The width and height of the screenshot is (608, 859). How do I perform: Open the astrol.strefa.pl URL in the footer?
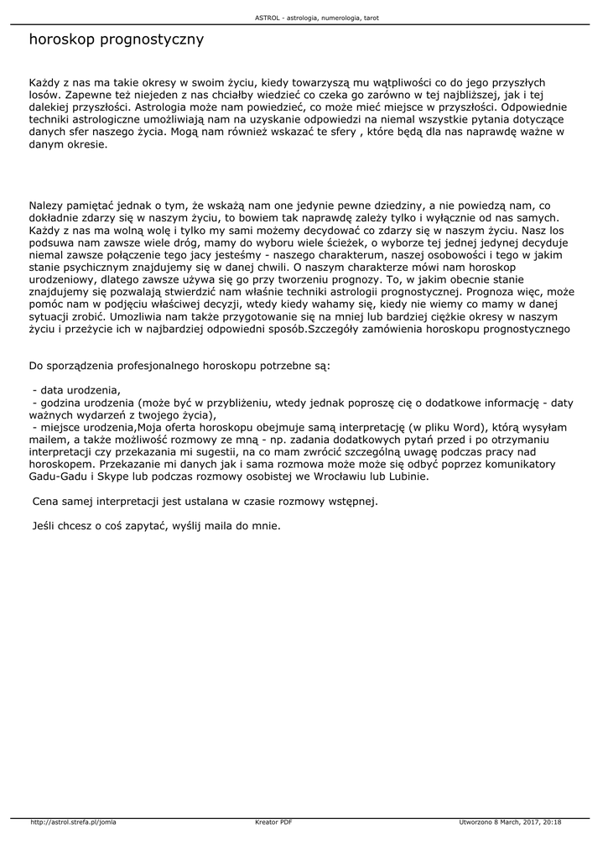[x=73, y=822]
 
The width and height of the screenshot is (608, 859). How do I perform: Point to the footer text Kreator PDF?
[x=273, y=822]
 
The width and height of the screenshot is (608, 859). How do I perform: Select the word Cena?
[x=45, y=502]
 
